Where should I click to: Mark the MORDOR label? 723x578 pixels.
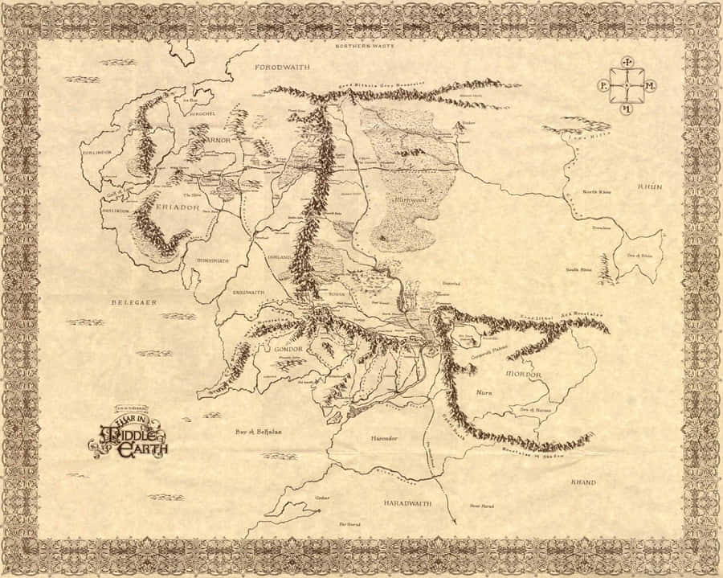coord(524,375)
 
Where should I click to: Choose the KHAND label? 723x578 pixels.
coord(583,482)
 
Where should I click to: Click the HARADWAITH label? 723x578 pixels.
coord(405,502)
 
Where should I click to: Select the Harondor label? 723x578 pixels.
coord(383,438)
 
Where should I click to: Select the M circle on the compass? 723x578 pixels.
coord(650,85)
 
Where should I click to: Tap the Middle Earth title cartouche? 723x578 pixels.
coord(129,438)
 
